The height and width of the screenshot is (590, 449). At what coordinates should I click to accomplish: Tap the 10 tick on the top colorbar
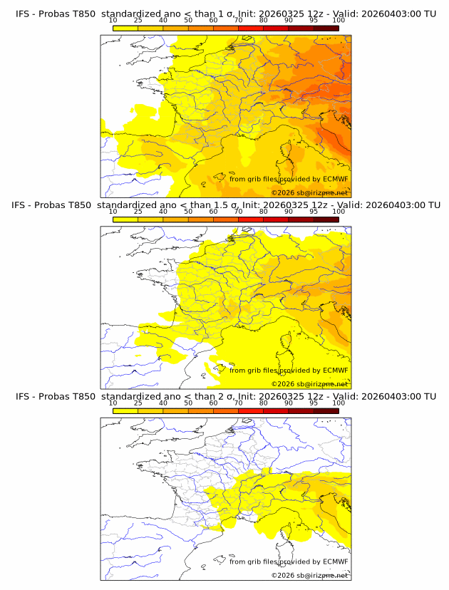[x=113, y=21]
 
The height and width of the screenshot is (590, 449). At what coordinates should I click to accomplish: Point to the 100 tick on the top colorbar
[x=339, y=21]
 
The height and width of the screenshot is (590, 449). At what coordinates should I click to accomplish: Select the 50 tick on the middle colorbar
[x=188, y=212]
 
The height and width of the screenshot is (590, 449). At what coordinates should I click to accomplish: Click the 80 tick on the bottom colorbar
[x=264, y=403]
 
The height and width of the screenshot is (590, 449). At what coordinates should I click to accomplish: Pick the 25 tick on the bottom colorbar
[x=138, y=403]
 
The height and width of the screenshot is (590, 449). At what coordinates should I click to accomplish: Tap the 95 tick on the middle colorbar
[x=314, y=212]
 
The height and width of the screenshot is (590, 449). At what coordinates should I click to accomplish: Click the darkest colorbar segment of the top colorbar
[x=326, y=28]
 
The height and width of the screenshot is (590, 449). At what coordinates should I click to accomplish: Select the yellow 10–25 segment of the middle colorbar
[x=125, y=219]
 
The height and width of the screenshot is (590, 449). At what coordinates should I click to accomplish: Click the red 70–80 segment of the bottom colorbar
[x=251, y=410]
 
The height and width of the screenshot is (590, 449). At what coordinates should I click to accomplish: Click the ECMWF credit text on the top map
[x=289, y=179]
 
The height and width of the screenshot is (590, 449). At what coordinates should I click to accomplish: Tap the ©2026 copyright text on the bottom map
[x=309, y=575]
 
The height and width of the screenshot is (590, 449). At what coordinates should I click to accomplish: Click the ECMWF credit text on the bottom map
[x=289, y=561]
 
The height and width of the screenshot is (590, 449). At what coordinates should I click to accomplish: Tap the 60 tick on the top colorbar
[x=213, y=21]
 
